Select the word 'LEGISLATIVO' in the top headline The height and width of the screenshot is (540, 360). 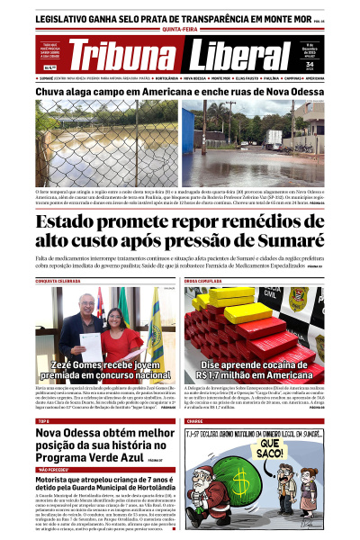[71, 17]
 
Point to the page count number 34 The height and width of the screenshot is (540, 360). [310, 64]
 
